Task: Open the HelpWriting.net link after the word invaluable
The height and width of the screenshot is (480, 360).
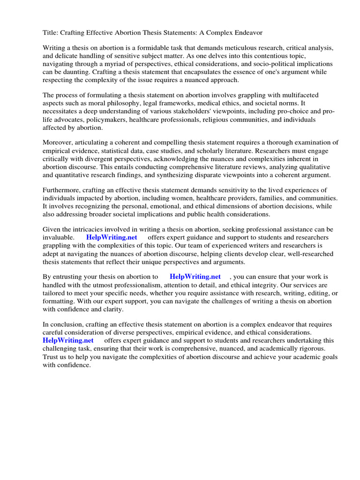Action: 112,237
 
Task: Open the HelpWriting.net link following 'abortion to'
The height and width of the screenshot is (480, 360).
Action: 195,277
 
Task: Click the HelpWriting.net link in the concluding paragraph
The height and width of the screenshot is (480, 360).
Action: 68,340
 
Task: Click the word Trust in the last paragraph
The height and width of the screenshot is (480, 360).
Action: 52,356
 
